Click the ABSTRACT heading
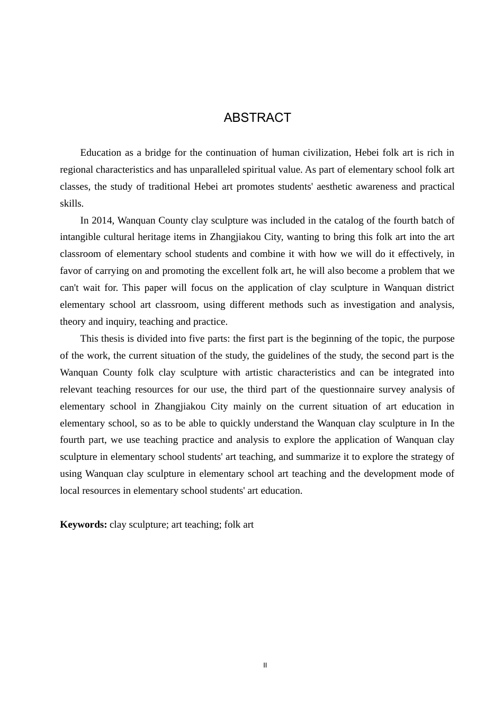tap(257, 118)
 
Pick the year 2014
tap(102, 220)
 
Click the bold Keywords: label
tap(83, 524)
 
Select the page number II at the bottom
tap(265, 665)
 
